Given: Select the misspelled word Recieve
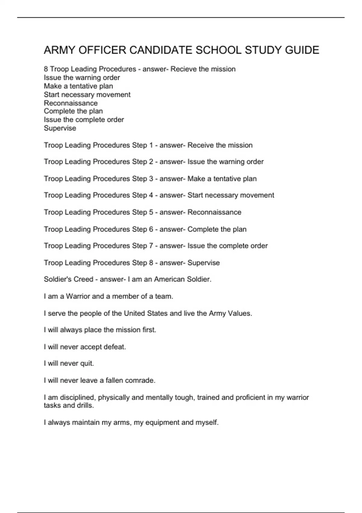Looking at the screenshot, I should coord(184,69).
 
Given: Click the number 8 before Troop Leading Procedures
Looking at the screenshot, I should coord(46,69).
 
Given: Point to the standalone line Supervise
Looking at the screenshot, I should coord(60,128).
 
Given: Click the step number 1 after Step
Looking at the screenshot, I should coord(151,145).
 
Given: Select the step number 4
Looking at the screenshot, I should coord(151,195).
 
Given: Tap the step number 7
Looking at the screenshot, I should coord(151,246).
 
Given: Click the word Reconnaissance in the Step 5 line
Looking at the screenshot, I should coord(214,212).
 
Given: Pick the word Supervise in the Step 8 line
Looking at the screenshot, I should coord(203,263).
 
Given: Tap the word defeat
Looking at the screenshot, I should coord(115,347).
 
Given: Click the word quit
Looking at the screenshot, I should coord(87,364).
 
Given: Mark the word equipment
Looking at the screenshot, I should coord(162,422).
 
